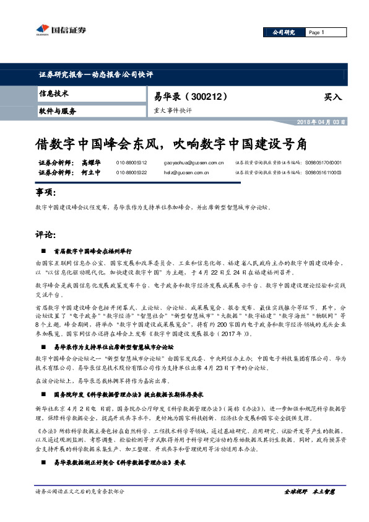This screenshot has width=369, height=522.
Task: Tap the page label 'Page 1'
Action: [x=316, y=32]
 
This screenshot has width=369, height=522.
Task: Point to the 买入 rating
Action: [x=332, y=97]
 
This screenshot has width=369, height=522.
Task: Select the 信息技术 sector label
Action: [x=54, y=94]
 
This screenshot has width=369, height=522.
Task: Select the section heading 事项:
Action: [x=47, y=194]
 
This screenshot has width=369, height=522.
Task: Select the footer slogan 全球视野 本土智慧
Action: [x=308, y=492]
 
